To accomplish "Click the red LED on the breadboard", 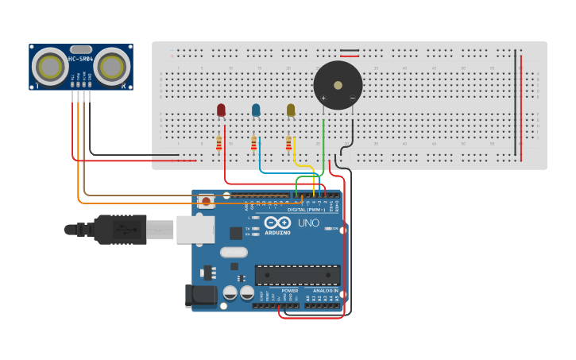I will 221,110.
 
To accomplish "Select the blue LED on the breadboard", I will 256,110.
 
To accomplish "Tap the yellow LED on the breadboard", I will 291,110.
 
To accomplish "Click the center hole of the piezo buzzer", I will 338,83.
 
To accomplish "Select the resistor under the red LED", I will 219,143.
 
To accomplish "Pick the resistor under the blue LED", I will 254,143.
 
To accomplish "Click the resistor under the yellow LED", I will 288,143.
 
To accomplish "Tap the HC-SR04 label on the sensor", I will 81,60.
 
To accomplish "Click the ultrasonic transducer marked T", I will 52,66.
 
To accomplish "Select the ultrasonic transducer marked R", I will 112,66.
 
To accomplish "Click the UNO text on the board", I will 309,223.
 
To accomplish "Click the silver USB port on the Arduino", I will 195,229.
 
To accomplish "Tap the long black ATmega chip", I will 297,275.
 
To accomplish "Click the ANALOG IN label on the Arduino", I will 324,291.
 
